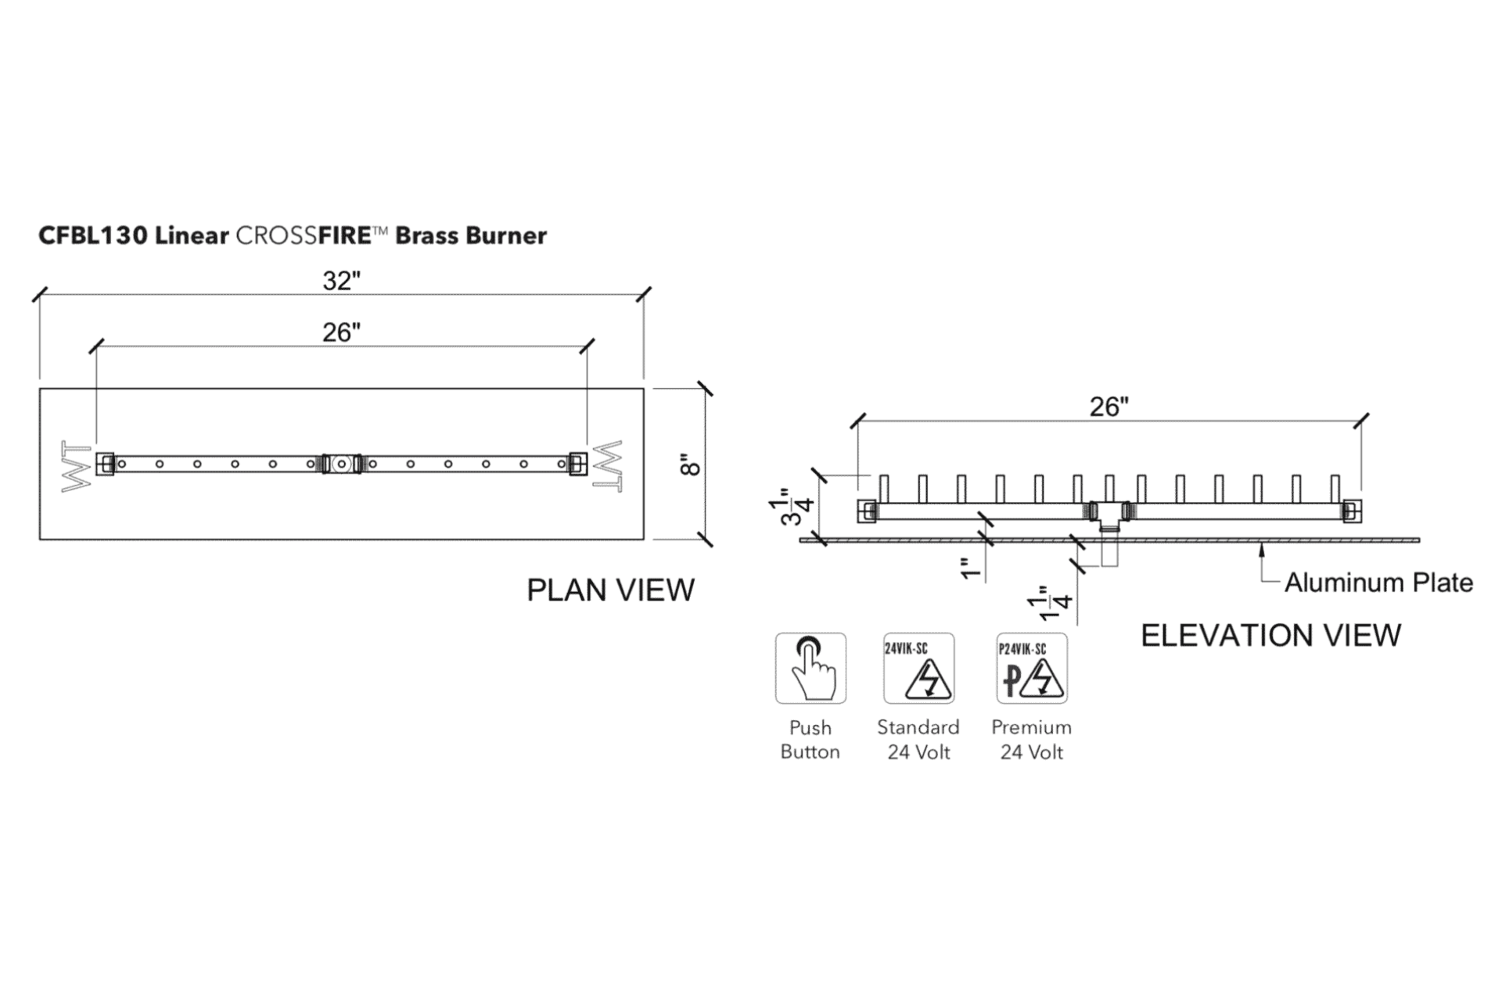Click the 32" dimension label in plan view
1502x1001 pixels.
[x=342, y=280]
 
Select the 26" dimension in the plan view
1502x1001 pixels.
[x=342, y=332]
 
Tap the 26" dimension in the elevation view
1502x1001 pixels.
[x=1109, y=407]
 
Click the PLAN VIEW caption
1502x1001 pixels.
[x=610, y=590]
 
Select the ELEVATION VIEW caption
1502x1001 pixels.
[x=1270, y=635]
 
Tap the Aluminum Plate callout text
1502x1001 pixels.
[x=1378, y=583]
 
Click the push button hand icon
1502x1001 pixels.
[x=810, y=669]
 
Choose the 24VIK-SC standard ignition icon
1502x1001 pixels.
[x=918, y=669]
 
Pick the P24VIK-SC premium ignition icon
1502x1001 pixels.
[x=1031, y=669]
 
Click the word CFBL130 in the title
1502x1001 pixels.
[x=93, y=235]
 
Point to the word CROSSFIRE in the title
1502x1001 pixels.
[x=303, y=235]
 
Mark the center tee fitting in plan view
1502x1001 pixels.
[x=341, y=464]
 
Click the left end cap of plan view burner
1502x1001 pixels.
[x=106, y=464]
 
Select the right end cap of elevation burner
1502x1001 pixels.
[x=1352, y=511]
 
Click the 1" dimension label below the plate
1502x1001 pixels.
[x=970, y=569]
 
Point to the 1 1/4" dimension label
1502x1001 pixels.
[x=1050, y=603]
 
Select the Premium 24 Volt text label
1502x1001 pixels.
[x=1031, y=740]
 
